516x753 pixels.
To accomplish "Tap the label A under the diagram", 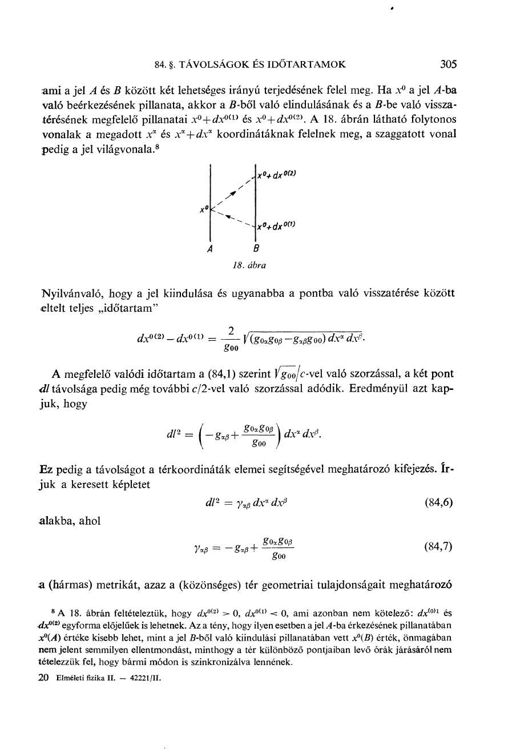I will [x=210, y=249].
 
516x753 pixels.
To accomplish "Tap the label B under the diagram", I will [x=256, y=249].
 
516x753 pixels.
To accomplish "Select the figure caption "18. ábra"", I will [x=249, y=265].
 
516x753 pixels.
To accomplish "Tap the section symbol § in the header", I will [x=170, y=65].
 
